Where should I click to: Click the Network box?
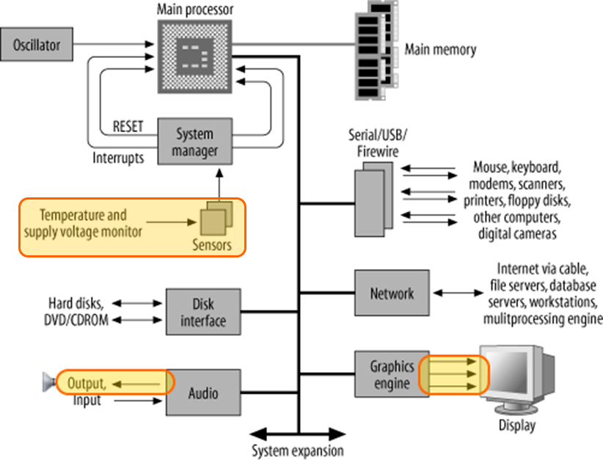coord(391,293)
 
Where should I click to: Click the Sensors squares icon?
coord(216,219)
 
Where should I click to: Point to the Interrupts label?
coord(118,157)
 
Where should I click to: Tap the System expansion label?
coord(297,450)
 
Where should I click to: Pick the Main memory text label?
coord(440,50)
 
